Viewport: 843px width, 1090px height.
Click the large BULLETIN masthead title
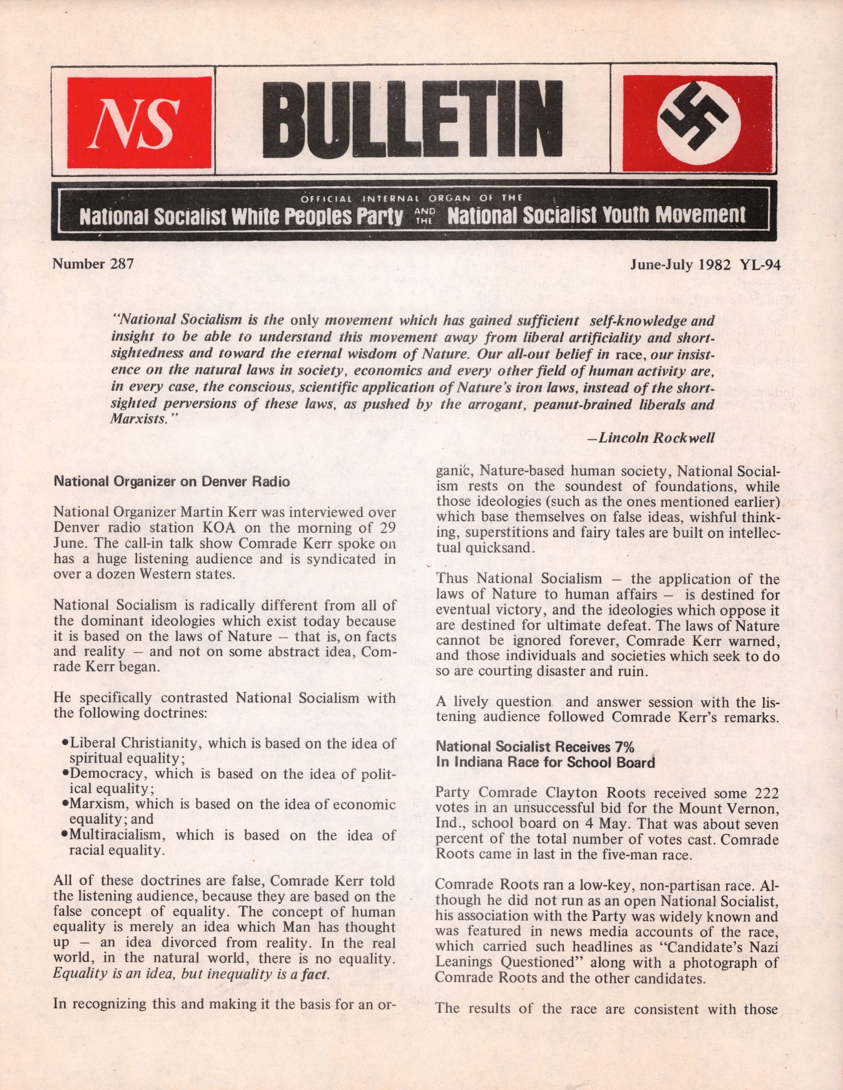[412, 120]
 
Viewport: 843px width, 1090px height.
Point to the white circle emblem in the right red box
[698, 123]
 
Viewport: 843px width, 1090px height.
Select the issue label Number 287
[93, 264]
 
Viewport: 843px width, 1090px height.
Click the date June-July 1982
[681, 265]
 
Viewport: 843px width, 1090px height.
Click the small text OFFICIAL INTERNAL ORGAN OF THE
[411, 199]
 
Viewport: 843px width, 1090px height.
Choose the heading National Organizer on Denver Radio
[172, 482]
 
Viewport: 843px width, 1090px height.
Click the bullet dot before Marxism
[65, 804]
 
